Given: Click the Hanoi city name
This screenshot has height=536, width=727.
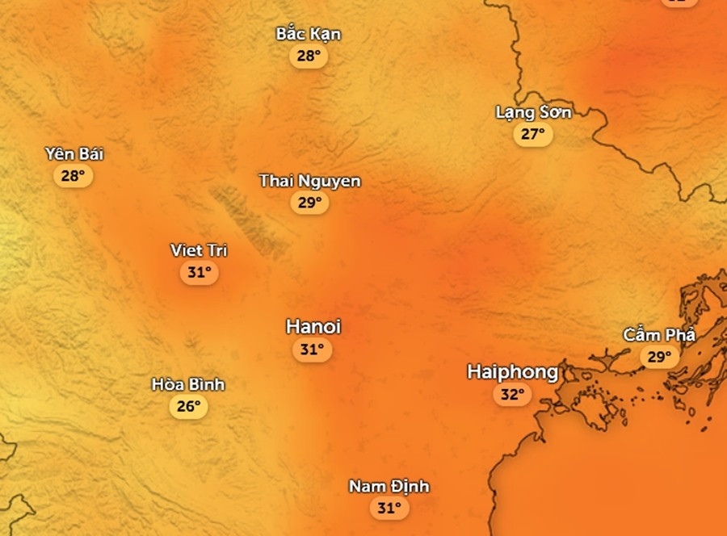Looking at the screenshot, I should coord(313,327).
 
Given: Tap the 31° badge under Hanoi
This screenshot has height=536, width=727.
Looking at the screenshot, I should coord(312,350).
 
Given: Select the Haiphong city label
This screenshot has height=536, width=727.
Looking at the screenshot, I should coord(512,372).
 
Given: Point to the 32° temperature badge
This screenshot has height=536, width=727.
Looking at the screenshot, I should coord(513,395).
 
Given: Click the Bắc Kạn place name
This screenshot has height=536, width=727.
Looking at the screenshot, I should coord(309,34).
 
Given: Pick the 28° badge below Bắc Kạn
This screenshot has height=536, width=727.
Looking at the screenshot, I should coord(309,56).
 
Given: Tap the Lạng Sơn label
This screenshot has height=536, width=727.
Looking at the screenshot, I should coord(533,112).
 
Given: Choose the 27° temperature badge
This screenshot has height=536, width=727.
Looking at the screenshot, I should coord(533,134).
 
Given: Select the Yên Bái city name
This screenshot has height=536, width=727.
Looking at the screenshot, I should coord(74,154).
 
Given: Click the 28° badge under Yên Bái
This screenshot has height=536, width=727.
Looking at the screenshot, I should coord(74,175).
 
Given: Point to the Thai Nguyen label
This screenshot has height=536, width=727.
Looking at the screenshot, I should coord(309,181).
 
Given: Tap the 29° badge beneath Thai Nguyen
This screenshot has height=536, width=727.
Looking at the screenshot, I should coord(309,203).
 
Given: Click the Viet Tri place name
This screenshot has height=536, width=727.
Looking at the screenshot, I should coord(199,250).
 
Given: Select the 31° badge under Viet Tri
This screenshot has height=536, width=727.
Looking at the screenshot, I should coord(199,273).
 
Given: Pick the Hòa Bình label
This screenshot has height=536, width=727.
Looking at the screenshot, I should coord(188,384).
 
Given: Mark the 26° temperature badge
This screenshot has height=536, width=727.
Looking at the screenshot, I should coord(188,406).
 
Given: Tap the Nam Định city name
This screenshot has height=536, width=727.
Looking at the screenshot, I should coord(389,487).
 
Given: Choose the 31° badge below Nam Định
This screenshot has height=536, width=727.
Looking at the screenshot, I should coord(389,508).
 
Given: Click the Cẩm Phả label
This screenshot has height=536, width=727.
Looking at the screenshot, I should coord(659,335).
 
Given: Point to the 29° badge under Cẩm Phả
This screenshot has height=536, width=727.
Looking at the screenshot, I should coord(660,356).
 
